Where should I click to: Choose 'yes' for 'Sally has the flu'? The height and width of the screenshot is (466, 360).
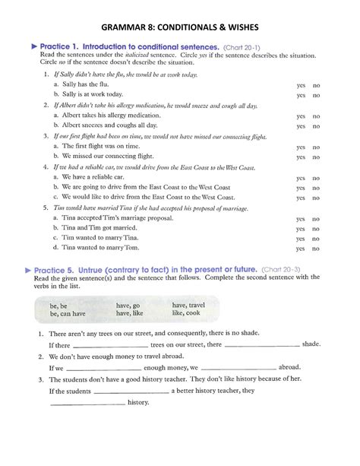coord(301,86)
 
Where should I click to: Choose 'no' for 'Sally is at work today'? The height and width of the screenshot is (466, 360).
coord(317,96)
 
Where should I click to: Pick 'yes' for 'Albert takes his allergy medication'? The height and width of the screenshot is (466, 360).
coord(301,116)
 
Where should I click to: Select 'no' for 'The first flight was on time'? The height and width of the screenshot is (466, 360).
coord(317,147)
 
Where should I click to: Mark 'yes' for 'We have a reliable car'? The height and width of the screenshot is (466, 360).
coord(301,177)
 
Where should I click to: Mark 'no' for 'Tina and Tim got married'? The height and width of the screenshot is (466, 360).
coord(317,229)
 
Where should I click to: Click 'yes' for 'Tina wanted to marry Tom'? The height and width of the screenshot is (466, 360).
coord(301,248)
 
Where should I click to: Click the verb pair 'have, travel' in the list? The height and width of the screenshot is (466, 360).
coord(188,305)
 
